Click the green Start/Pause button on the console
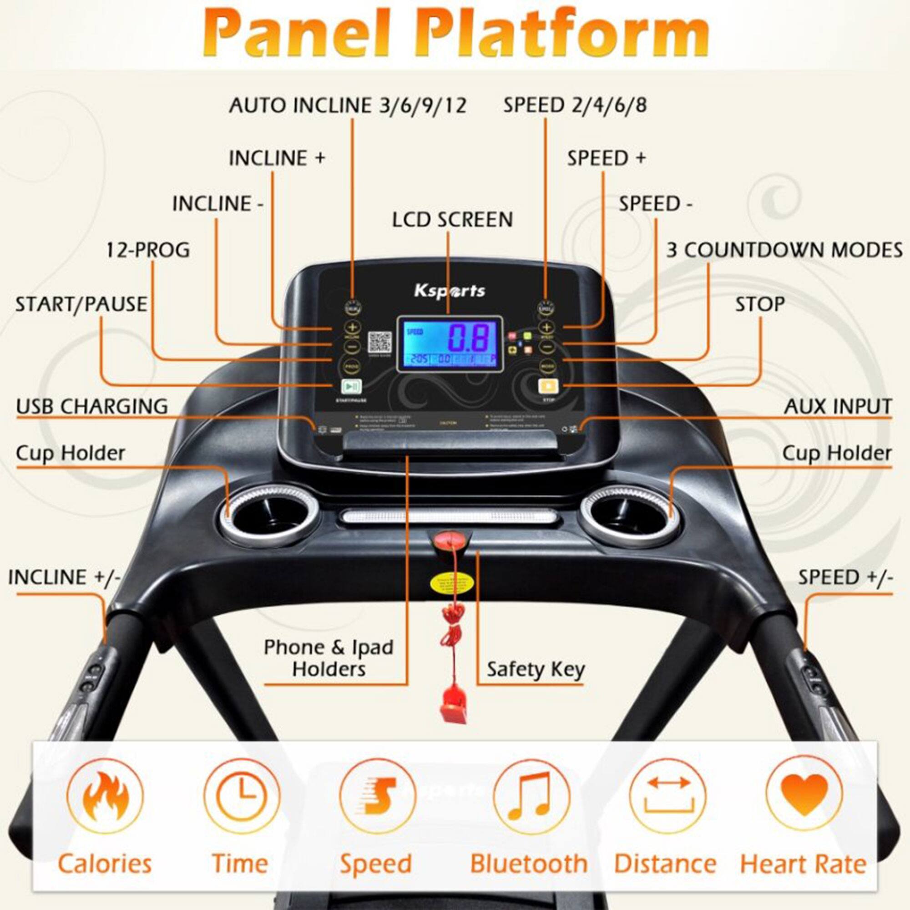click(x=351, y=387)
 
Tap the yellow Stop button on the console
click(x=548, y=387)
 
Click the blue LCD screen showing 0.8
click(x=450, y=344)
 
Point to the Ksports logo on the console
click(x=450, y=291)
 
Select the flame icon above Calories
click(x=105, y=795)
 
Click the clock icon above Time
click(x=241, y=795)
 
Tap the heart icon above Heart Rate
click(x=804, y=795)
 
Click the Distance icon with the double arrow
click(x=668, y=795)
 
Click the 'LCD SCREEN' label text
click(x=452, y=220)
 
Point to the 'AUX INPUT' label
click(x=838, y=406)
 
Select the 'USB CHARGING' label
click(x=92, y=406)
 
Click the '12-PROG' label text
click(x=147, y=250)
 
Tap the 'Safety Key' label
click(x=536, y=669)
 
